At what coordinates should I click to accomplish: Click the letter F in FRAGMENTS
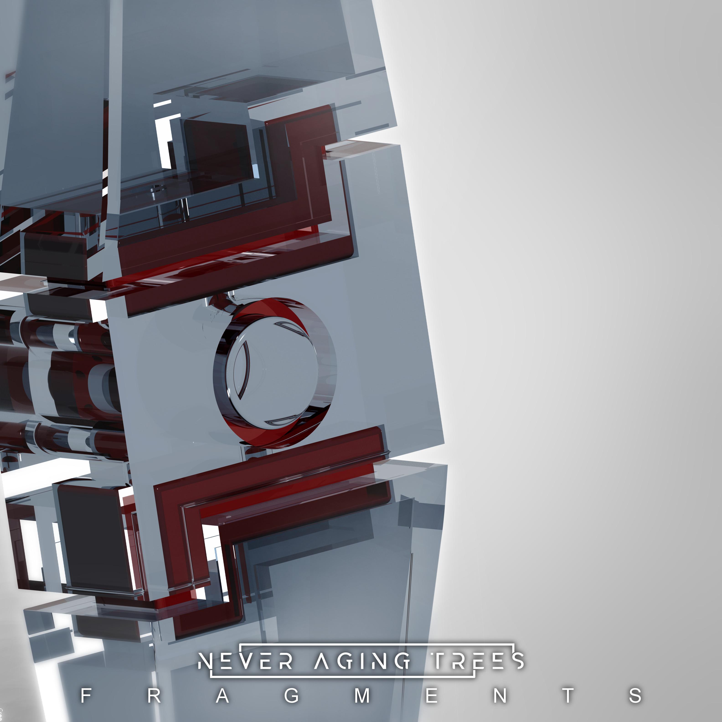[x=86, y=696]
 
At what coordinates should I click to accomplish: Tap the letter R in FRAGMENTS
[x=154, y=696]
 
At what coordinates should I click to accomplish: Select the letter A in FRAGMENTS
[x=223, y=696]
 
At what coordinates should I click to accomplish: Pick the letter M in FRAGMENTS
[x=362, y=696]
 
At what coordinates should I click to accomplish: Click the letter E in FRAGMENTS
[x=432, y=696]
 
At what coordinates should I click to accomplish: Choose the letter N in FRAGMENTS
[x=500, y=696]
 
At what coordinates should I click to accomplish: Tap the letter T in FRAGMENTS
[x=568, y=696]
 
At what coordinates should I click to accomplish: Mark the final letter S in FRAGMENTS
[x=635, y=696]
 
